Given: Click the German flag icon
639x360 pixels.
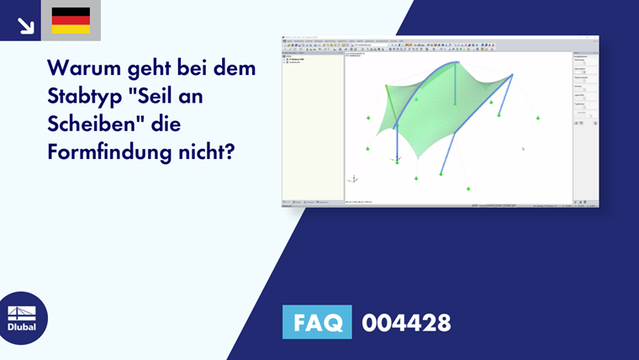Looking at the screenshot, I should (x=71, y=20).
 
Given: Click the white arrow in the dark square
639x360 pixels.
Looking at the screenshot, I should (x=25, y=25).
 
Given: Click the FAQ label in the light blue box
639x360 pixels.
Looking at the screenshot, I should (x=317, y=321).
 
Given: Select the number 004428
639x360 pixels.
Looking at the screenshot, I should (x=406, y=321).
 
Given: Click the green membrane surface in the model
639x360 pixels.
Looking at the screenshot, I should (x=420, y=118).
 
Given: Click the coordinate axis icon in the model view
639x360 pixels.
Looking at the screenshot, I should (x=353, y=178).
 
